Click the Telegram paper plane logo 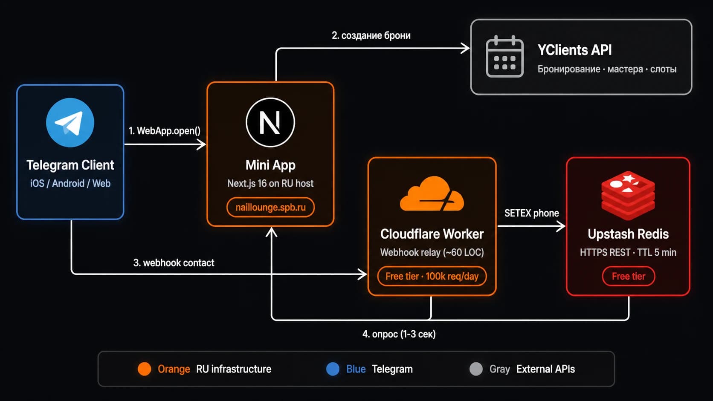70,122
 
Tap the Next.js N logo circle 270,122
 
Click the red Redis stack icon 628,195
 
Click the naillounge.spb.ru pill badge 270,208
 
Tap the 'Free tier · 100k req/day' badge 432,276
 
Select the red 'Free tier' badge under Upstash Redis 628,276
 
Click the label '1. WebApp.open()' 165,131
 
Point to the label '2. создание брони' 371,35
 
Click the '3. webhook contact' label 174,263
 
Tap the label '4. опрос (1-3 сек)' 399,334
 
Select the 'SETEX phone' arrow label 532,213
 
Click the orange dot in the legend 144,369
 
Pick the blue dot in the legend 333,369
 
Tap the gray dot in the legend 476,369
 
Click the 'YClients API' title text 574,50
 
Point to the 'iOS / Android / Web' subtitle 70,184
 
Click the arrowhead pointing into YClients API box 465,48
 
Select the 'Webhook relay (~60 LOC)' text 432,252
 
